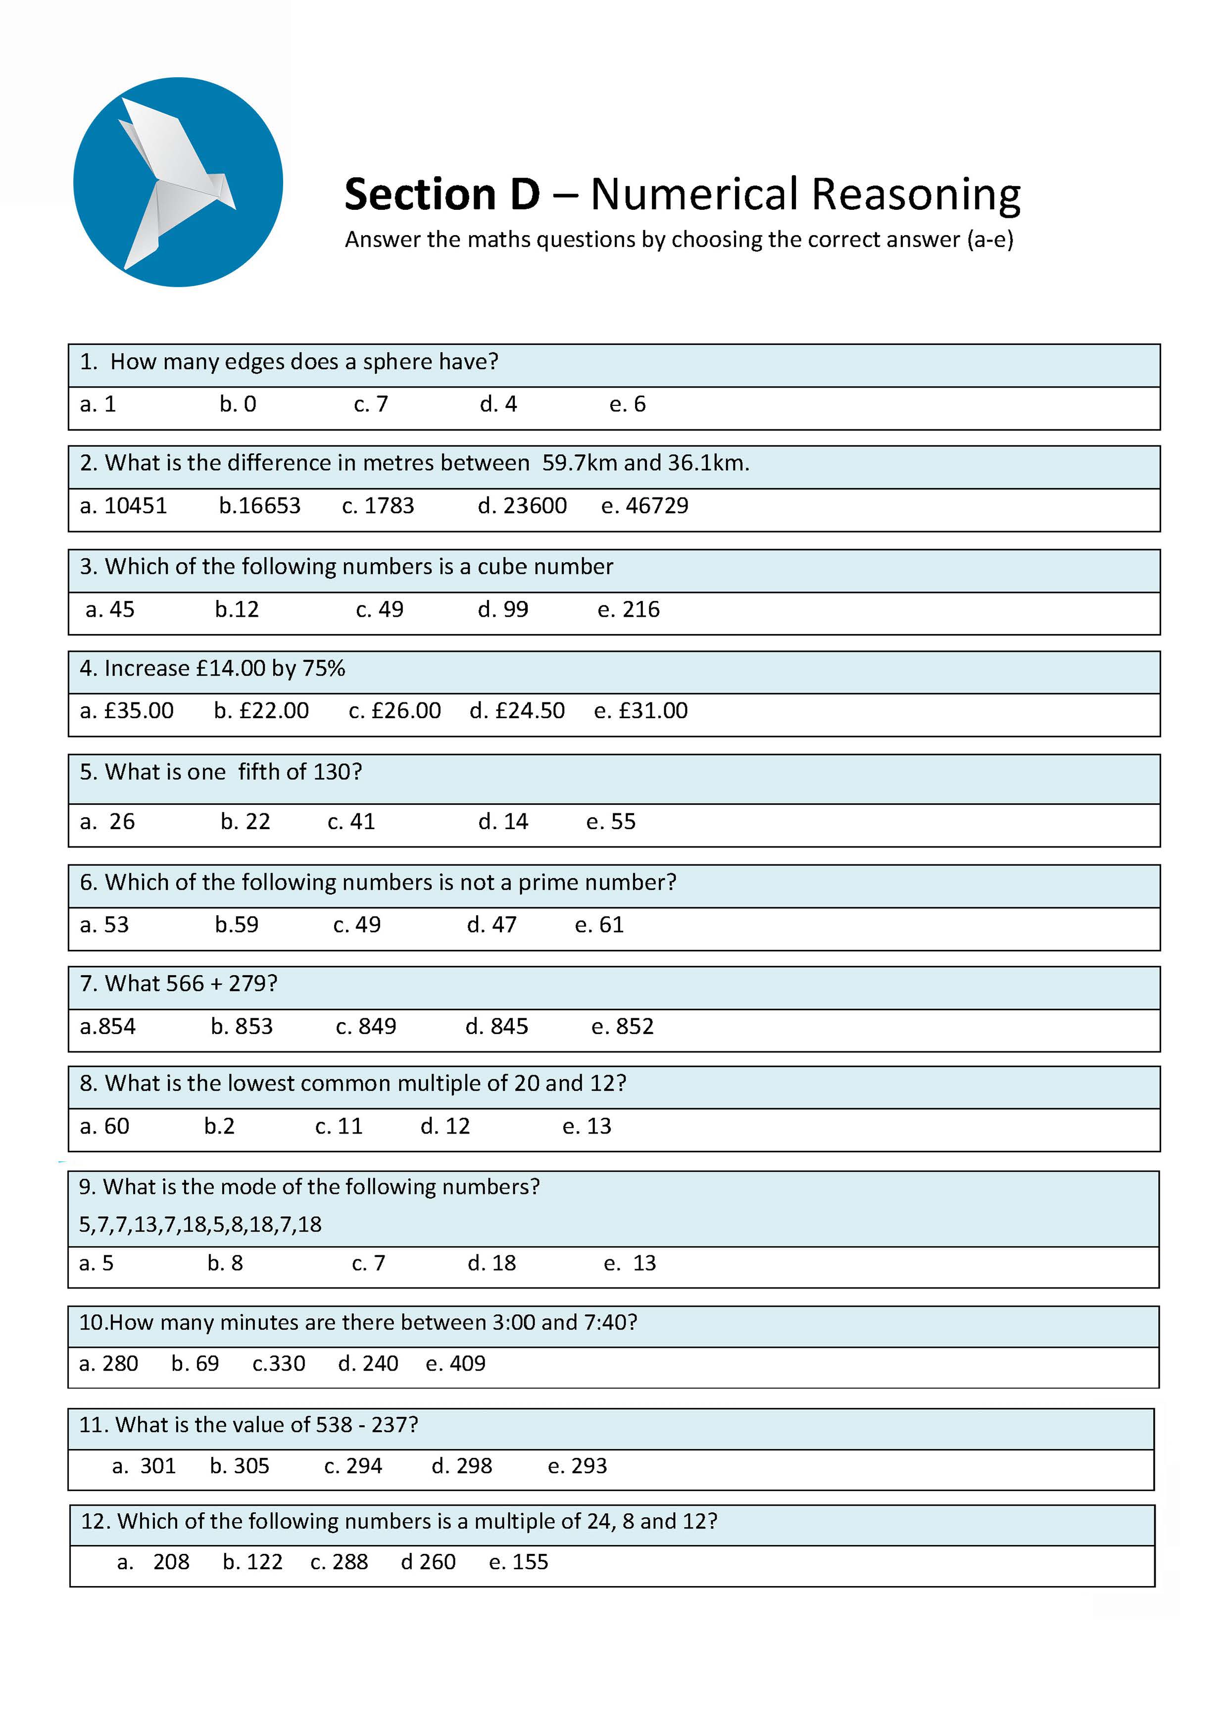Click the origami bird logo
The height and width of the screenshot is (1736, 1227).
click(x=178, y=182)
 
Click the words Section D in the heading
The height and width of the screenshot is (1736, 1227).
click(x=442, y=195)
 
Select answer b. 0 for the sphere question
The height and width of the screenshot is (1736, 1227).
click(x=238, y=404)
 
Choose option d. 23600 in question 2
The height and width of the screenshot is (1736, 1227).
click(x=522, y=506)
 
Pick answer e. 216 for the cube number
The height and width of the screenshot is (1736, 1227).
click(x=628, y=609)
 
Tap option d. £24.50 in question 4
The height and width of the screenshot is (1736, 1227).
click(x=517, y=711)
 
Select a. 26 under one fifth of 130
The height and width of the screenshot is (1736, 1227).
click(x=107, y=822)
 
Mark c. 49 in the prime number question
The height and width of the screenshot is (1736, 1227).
click(x=357, y=925)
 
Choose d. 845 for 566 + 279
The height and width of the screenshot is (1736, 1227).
click(x=497, y=1027)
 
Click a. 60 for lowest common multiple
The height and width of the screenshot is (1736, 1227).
click(x=104, y=1127)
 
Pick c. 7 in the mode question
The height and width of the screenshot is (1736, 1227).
click(x=369, y=1263)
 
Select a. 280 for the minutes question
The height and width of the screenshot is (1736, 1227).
click(x=109, y=1364)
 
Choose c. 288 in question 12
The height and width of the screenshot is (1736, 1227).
click(x=339, y=1562)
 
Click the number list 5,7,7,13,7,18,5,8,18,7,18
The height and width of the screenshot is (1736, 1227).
click(x=200, y=1225)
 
